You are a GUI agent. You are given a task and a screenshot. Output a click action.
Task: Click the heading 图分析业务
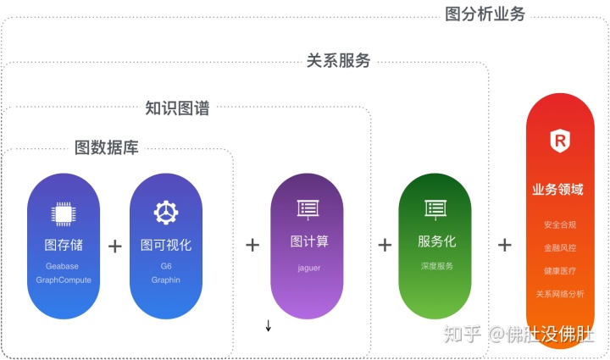[x=485, y=14]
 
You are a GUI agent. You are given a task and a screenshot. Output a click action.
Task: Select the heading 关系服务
[x=338, y=61]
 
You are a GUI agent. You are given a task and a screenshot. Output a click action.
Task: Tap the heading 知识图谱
[x=177, y=108]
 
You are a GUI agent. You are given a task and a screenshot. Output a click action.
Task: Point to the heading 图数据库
[x=107, y=147]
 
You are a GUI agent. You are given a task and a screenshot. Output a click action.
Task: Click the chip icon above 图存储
[x=64, y=213]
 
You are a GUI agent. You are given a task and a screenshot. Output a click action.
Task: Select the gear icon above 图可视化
[x=165, y=212]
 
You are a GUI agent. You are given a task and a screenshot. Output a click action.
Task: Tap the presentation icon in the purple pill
[x=307, y=208]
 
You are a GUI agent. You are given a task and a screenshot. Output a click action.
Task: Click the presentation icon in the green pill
[x=435, y=208]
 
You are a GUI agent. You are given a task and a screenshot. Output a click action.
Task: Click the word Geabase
[x=64, y=266]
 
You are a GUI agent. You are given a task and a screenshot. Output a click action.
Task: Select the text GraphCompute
[x=64, y=280]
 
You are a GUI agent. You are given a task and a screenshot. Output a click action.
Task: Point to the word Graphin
[x=165, y=280]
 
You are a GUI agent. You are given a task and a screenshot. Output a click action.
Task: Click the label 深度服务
[x=436, y=266]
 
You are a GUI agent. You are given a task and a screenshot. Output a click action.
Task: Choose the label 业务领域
[x=558, y=189]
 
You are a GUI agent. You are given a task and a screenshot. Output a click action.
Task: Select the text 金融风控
[x=559, y=249]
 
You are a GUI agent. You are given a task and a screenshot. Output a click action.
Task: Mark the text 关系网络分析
[x=559, y=294]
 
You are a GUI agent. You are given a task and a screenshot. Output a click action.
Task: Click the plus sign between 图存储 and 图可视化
[x=115, y=246]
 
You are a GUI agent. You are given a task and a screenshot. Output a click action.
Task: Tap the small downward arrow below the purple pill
[x=269, y=326]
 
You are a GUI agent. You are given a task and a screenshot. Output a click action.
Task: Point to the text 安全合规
[x=559, y=225]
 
